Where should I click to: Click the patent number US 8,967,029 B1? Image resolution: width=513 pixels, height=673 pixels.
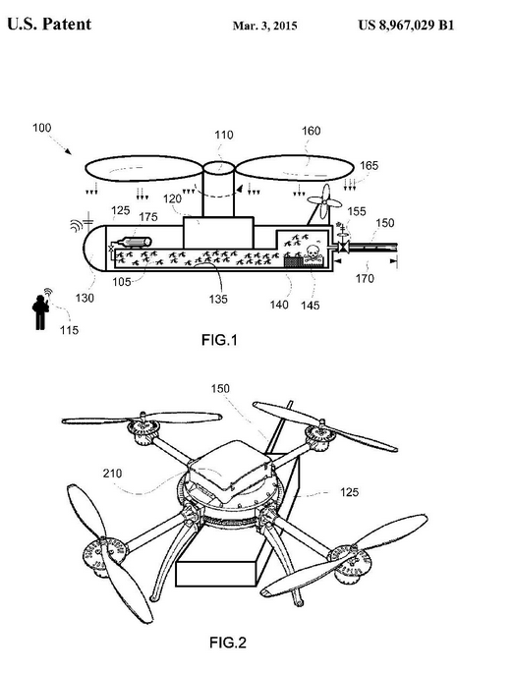[406, 26]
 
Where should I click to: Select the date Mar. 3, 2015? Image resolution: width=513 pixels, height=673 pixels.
[264, 26]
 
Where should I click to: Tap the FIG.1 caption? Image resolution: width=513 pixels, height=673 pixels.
[219, 340]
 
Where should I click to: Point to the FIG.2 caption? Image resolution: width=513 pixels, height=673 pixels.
[228, 643]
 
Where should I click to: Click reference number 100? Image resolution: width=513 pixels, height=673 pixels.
[41, 128]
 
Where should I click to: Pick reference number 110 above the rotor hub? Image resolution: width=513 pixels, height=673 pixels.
[224, 135]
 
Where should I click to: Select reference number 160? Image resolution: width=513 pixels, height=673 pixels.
[311, 131]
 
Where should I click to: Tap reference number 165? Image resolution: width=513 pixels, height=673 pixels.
[369, 165]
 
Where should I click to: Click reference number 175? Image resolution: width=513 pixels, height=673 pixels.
[148, 217]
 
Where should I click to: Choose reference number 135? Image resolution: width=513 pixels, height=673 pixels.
[218, 299]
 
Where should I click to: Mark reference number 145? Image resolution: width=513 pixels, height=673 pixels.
[310, 306]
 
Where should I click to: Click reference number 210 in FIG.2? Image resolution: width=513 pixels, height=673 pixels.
[112, 473]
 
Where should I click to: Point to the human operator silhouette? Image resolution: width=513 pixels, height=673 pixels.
[40, 312]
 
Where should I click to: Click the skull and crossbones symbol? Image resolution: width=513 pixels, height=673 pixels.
[313, 253]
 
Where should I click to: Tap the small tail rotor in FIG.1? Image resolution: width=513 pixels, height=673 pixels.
[326, 199]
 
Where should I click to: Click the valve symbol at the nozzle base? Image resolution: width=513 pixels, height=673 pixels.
[343, 247]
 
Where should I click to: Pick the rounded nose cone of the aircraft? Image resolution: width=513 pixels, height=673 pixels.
[94, 248]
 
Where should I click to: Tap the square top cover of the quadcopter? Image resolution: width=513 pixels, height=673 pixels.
[231, 470]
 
